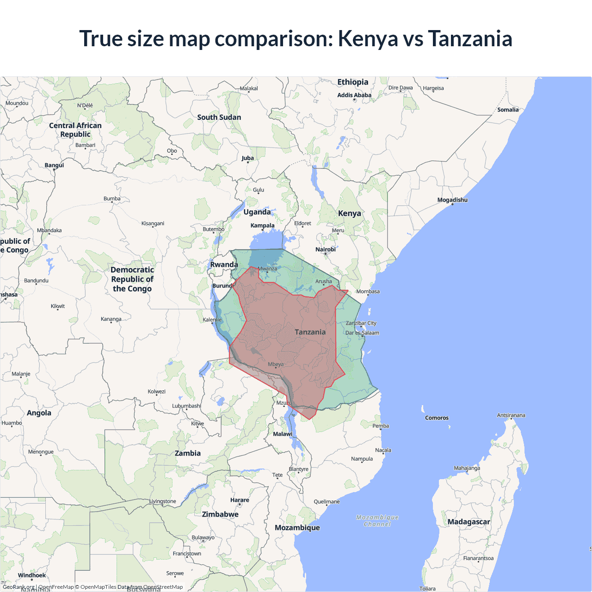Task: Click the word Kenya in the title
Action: [x=368, y=38]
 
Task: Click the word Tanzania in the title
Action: [x=470, y=38]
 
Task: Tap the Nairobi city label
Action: [x=326, y=249]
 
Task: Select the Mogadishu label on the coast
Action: [x=452, y=200]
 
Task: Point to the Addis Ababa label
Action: [x=354, y=95]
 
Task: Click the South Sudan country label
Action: [x=219, y=117]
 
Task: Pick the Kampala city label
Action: [x=262, y=226]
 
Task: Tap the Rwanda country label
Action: [x=224, y=265]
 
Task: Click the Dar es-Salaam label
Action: [x=362, y=333]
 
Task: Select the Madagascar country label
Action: [x=469, y=522]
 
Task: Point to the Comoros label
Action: [x=437, y=418]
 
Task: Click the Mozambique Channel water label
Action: [x=377, y=521]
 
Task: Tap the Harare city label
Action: [x=240, y=500]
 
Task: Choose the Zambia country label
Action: [x=188, y=453]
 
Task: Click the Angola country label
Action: [x=39, y=413]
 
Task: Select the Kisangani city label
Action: [x=153, y=223]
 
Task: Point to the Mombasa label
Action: [x=368, y=291]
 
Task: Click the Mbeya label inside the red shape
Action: [x=276, y=364]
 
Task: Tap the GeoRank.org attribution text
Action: [x=18, y=587]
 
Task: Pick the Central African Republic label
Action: [x=75, y=130]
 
